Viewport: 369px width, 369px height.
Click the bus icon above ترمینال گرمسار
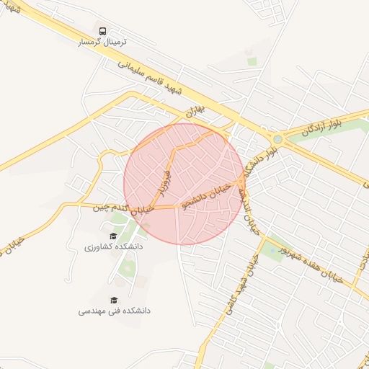pyautogui.click(x=103, y=31)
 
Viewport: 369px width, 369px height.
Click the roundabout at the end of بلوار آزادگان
pyautogui.click(x=277, y=138)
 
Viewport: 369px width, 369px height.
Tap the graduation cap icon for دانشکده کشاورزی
pyautogui.click(x=112, y=236)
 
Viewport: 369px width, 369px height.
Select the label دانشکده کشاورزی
pyautogui.click(x=113, y=247)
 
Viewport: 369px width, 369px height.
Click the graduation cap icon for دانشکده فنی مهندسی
pyautogui.click(x=114, y=300)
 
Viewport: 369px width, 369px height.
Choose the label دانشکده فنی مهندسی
pyautogui.click(x=114, y=311)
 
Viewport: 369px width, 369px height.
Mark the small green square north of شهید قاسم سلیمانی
pyautogui.click(x=252, y=61)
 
